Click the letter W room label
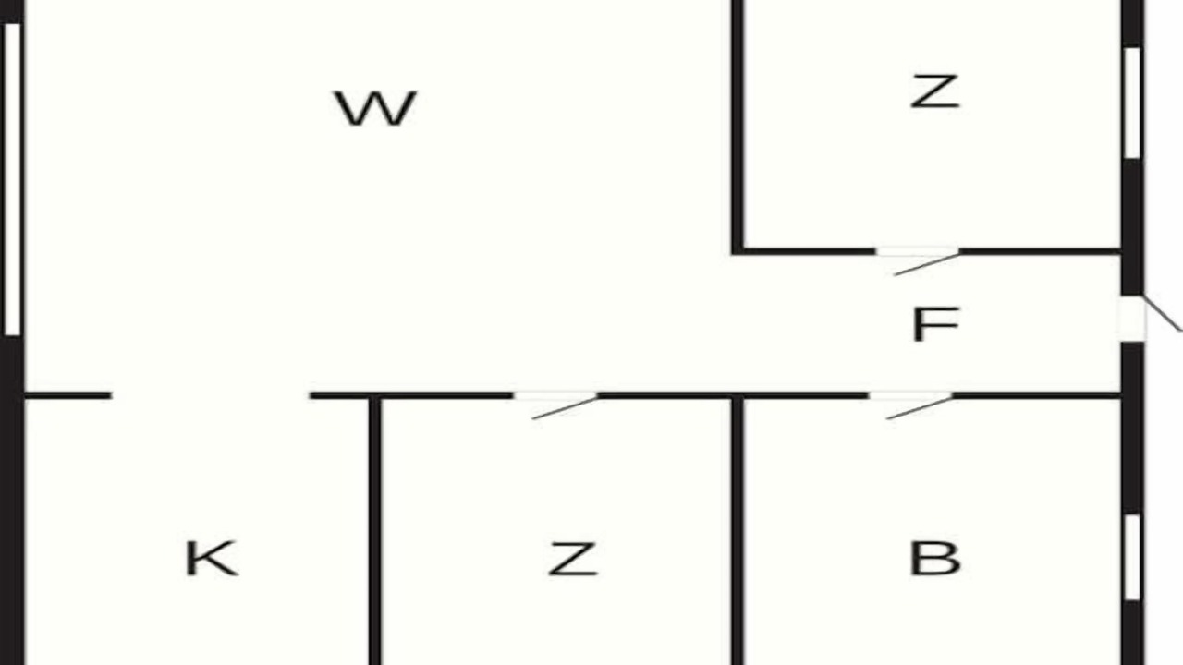(375, 108)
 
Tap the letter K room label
(211, 559)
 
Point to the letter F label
(935, 325)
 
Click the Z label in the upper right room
(935, 92)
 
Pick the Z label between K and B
(572, 559)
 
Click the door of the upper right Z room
(918, 252)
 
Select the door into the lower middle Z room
(555, 397)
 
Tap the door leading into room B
(910, 397)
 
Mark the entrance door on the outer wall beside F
(1133, 318)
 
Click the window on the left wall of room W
(12, 179)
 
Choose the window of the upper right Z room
(1132, 102)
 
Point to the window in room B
(1132, 557)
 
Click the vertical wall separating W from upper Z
(738, 125)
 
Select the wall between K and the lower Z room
(374, 531)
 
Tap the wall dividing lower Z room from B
(738, 531)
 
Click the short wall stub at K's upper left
(67, 395)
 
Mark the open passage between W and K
(211, 395)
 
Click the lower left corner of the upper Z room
(738, 250)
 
